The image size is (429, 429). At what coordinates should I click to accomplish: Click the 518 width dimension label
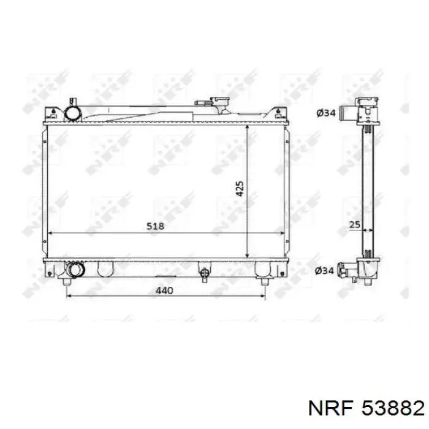click(156, 226)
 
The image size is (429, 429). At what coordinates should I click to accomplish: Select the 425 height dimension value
click(240, 189)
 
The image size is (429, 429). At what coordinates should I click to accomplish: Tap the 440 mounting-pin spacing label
click(164, 290)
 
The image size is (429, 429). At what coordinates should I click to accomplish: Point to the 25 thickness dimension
click(355, 225)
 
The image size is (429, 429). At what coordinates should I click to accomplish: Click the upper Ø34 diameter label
click(326, 113)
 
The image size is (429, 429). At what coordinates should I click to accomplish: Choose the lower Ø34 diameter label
click(324, 271)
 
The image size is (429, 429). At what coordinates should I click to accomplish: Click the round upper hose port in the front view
click(73, 113)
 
